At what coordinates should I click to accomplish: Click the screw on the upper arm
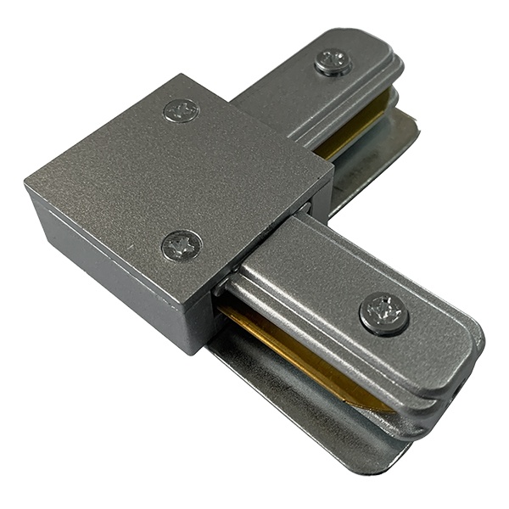pos(333,61)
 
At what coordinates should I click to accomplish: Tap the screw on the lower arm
pos(383,314)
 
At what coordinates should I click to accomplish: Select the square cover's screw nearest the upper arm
pos(182,110)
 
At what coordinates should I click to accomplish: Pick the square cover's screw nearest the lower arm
pos(181,246)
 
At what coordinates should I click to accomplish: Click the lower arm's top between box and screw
pos(297,263)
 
